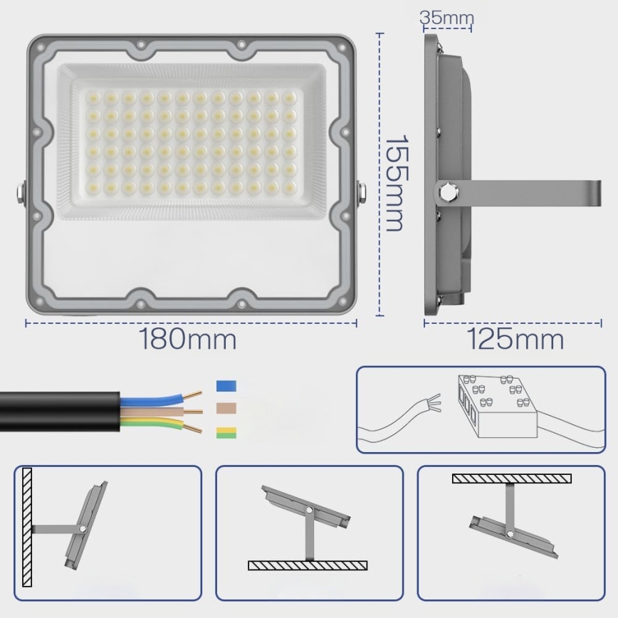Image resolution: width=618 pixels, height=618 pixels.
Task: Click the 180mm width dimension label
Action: pyautogui.click(x=188, y=340)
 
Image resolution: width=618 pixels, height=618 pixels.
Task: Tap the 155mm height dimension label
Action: pyautogui.click(x=394, y=184)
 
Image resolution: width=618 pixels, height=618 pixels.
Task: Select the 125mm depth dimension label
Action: pyautogui.click(x=515, y=340)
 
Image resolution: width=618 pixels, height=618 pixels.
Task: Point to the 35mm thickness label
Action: pyautogui.click(x=446, y=18)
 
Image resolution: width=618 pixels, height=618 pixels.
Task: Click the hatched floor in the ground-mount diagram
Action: pyautogui.click(x=308, y=565)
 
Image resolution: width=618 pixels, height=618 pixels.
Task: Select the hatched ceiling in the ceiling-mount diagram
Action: pyautogui.click(x=511, y=478)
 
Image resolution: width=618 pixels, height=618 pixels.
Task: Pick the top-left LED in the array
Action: pyautogui.click(x=93, y=96)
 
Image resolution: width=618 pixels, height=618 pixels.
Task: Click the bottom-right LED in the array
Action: pyautogui.click(x=288, y=186)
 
